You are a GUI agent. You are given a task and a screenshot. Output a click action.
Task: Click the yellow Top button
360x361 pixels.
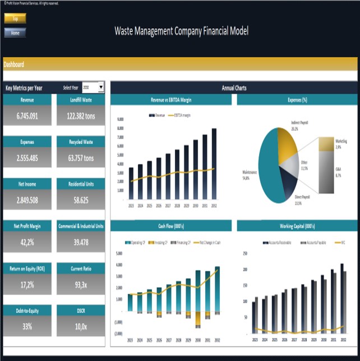click(x=15, y=19)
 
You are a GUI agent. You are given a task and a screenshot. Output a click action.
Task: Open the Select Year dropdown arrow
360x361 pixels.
click(x=101, y=87)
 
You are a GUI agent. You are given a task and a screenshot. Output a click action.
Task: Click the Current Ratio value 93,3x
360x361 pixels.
click(x=81, y=285)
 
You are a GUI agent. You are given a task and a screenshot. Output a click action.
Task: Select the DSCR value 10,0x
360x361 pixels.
click(x=81, y=326)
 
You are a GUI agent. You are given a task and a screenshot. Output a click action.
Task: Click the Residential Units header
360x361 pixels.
click(x=81, y=184)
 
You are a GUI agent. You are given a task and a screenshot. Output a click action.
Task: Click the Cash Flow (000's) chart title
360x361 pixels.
click(x=171, y=226)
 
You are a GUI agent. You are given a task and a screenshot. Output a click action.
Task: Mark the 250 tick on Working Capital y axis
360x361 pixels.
click(x=244, y=253)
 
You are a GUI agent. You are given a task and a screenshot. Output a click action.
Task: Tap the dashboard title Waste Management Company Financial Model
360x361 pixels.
click(x=181, y=31)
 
